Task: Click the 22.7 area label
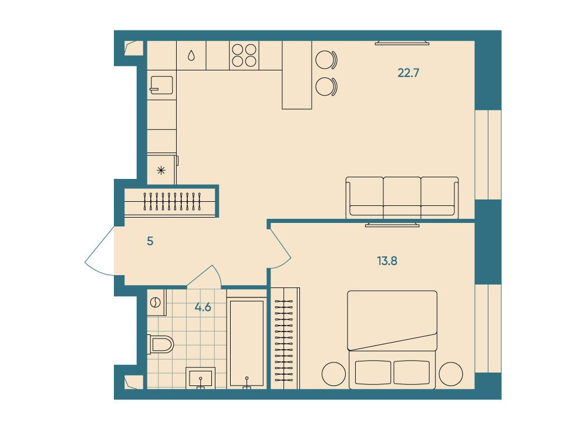(408, 73)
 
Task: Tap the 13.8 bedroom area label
(387, 261)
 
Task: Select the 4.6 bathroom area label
(203, 307)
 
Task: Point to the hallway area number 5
(150, 241)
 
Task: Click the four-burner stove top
(244, 55)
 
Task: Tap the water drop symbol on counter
(191, 56)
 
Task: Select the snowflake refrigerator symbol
(161, 171)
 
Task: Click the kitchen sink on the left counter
(162, 85)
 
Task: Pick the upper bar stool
(326, 60)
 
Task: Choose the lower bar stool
(326, 87)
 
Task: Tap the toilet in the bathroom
(161, 344)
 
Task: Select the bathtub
(247, 343)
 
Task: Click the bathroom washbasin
(201, 377)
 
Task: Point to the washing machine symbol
(156, 303)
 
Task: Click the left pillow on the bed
(373, 373)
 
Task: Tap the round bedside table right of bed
(451, 374)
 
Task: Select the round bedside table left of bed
(334, 374)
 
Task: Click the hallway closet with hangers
(170, 202)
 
